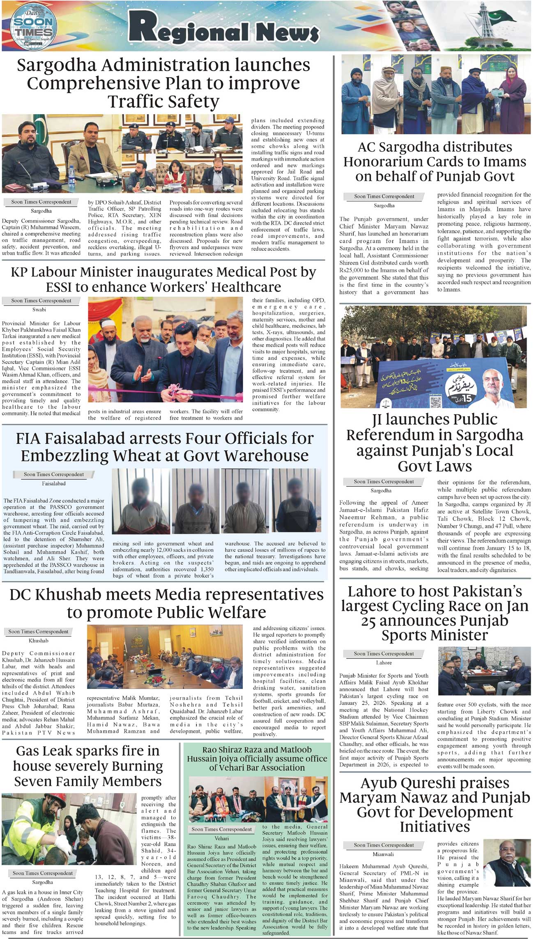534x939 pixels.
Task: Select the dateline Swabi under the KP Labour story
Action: (x=39, y=310)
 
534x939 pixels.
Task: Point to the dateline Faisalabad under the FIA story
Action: (x=53, y=483)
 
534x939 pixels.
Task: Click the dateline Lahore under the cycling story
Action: (x=384, y=663)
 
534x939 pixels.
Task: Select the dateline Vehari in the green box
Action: (x=221, y=838)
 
